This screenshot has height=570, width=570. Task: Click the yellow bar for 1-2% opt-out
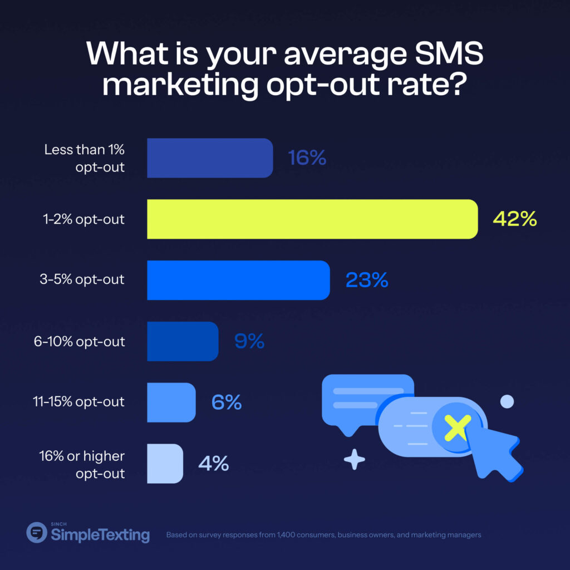(312, 219)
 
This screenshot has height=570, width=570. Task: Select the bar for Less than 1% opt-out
(210, 158)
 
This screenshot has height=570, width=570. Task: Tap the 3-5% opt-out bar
(238, 280)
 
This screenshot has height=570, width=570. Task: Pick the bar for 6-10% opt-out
(183, 341)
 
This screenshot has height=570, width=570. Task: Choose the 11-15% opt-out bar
(171, 402)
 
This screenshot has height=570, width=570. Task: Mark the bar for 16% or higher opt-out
(165, 463)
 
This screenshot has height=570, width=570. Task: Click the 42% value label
(515, 219)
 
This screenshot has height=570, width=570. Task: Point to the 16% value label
(307, 158)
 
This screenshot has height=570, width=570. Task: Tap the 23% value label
(366, 280)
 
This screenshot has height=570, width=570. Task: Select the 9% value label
(249, 341)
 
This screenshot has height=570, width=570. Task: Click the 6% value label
(227, 402)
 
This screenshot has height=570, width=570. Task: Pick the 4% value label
(213, 463)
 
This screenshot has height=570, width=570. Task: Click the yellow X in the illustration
(456, 427)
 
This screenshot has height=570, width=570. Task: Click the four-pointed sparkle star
(354, 460)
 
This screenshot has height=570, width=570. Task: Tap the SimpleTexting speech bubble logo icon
(37, 532)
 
